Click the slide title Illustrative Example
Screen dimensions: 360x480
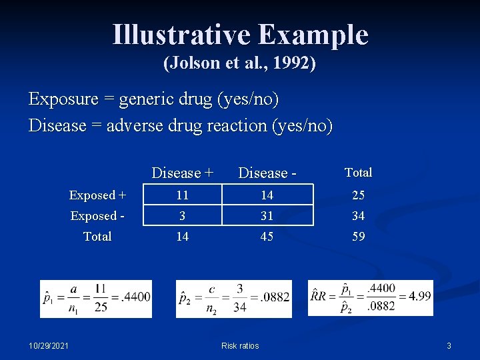[x=240, y=35]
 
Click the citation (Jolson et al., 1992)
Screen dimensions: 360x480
[x=240, y=64]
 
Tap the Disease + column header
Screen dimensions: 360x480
[x=183, y=173]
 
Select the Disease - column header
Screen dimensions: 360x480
[x=267, y=173]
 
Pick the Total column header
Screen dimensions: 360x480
[x=358, y=172]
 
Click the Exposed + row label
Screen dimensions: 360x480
[x=97, y=195]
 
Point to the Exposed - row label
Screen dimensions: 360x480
[x=97, y=216]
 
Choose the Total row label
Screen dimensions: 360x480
[x=97, y=236]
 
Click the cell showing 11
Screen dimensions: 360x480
[x=183, y=195]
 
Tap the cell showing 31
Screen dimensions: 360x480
[x=267, y=216]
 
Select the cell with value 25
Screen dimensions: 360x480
[x=358, y=195]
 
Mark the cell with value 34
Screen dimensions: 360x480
[x=358, y=216]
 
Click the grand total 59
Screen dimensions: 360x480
[x=358, y=236]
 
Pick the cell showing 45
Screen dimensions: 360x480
[x=267, y=236]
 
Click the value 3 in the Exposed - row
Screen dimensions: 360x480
[x=183, y=216]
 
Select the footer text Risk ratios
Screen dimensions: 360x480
[x=240, y=345]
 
